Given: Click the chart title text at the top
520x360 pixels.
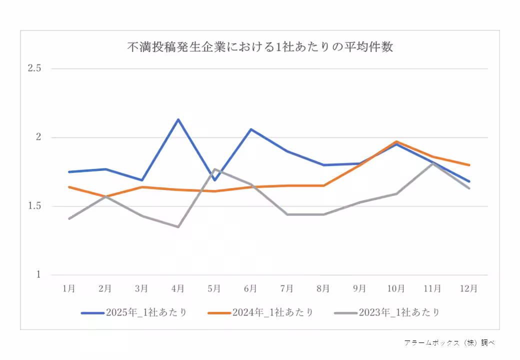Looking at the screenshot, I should tap(259, 47).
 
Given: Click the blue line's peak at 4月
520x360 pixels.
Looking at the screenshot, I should tap(178, 119).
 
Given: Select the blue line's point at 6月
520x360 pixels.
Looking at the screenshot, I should tap(250, 129).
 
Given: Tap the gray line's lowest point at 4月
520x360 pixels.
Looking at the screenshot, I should tap(178, 226).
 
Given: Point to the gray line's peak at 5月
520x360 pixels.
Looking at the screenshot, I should tap(214, 169).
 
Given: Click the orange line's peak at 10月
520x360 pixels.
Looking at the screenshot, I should tap(396, 141).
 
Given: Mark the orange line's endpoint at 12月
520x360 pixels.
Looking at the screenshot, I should tap(468, 164).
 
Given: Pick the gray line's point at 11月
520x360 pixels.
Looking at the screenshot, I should tap(432, 163).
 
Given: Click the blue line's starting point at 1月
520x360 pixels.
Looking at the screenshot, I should tap(69, 171).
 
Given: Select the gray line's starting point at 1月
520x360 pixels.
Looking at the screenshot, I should tap(69, 218).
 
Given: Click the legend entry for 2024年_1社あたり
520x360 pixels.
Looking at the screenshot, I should tap(260, 312).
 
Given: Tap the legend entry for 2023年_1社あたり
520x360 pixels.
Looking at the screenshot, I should tap(387, 312).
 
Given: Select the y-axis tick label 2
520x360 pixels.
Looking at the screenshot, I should tap(38, 137).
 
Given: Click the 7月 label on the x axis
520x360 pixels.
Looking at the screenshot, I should tap(287, 288).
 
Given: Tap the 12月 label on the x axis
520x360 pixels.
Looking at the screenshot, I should tap(468, 288).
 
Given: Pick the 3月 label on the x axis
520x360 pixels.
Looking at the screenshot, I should tap(141, 288).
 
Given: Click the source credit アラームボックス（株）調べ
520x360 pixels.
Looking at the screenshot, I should tap(449, 342).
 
